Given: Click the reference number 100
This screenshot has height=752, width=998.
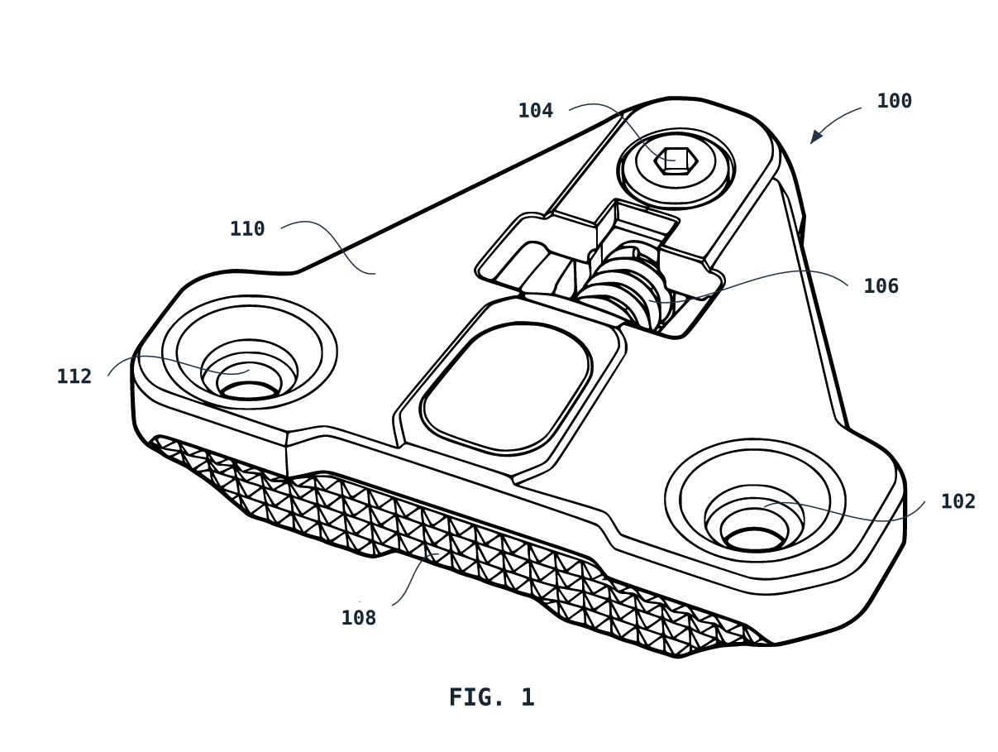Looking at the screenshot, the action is pyautogui.click(x=894, y=101).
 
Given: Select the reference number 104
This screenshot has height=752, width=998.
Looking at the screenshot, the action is pyautogui.click(x=536, y=111).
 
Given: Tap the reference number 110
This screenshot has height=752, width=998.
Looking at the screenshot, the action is pyautogui.click(x=247, y=229).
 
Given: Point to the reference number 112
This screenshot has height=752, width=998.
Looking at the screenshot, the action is pyautogui.click(x=74, y=376).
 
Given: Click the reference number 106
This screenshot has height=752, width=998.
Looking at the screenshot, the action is pyautogui.click(x=881, y=286).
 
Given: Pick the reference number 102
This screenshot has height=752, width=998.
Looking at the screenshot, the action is pyautogui.click(x=957, y=501).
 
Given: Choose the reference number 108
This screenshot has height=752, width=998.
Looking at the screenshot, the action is pyautogui.click(x=358, y=618).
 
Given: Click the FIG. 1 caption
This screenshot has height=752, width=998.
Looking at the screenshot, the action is pyautogui.click(x=491, y=697).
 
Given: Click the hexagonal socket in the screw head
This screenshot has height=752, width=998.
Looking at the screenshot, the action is pyautogui.click(x=676, y=160).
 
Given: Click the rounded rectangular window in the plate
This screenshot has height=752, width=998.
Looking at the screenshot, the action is pyautogui.click(x=505, y=387).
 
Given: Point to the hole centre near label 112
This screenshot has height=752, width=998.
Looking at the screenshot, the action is pyautogui.click(x=250, y=390).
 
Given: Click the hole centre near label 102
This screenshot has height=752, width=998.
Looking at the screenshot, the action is pyautogui.click(x=754, y=539).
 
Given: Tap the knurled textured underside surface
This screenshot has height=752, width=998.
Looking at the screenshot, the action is pyautogui.click(x=455, y=537).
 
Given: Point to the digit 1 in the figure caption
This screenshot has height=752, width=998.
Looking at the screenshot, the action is pyautogui.click(x=528, y=697).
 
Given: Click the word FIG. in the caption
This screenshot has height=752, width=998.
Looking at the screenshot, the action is pyautogui.click(x=476, y=697).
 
